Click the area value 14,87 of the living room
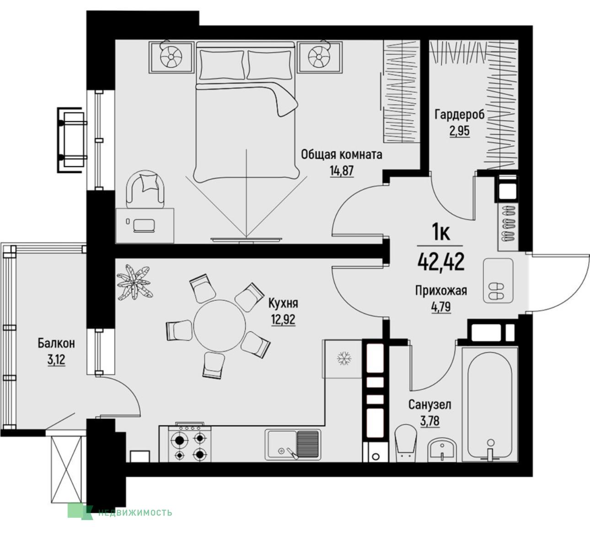pyautogui.click(x=342, y=171)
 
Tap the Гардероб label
pyautogui.click(x=460, y=115)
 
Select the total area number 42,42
pyautogui.click(x=441, y=262)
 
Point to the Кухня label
pyautogui.click(x=283, y=303)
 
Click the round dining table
pyautogui.click(x=220, y=325)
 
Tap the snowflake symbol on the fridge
pyautogui.click(x=344, y=359)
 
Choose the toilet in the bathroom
pyautogui.click(x=406, y=443)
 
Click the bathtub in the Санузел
pyautogui.click(x=490, y=405)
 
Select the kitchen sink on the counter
pyautogui.click(x=293, y=445)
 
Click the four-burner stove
pyautogui.click(x=190, y=443)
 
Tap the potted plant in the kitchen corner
pyautogui.click(x=134, y=282)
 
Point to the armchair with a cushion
pyautogui.click(x=145, y=189)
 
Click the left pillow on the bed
pyautogui.click(x=222, y=64)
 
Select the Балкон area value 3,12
pyautogui.click(x=56, y=359)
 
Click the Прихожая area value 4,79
pyautogui.click(x=441, y=308)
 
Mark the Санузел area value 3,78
pyautogui.click(x=430, y=421)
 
